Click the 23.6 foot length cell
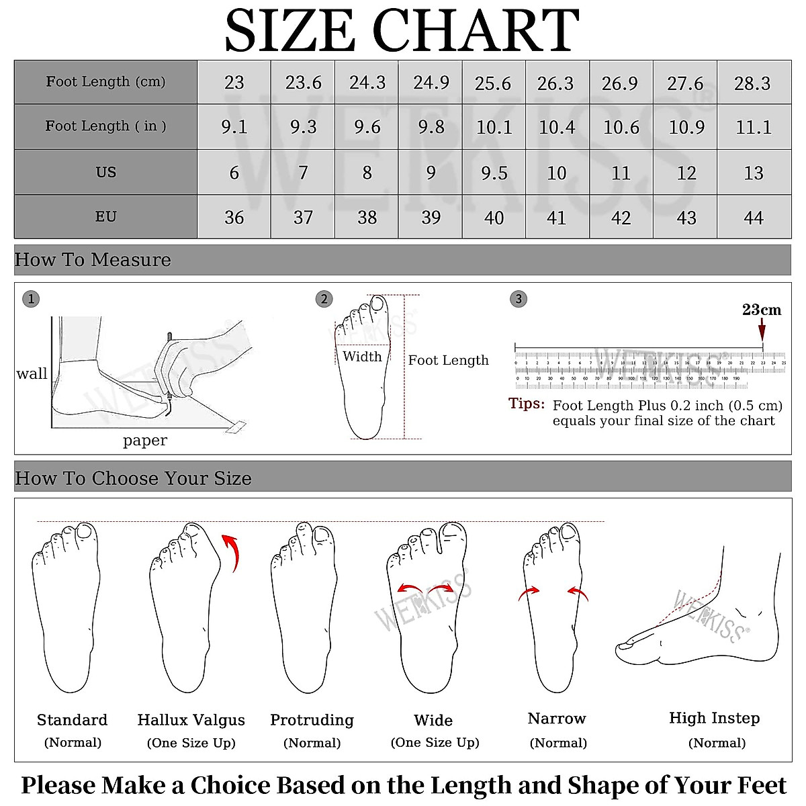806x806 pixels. click(x=303, y=83)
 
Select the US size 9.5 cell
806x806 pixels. click(x=494, y=173)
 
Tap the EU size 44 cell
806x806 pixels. click(x=753, y=218)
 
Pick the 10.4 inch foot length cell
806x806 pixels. click(x=557, y=127)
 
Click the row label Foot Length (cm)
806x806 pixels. click(x=105, y=82)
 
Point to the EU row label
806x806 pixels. click(x=105, y=217)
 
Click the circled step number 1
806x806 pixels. click(x=31, y=299)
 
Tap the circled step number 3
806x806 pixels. click(x=519, y=299)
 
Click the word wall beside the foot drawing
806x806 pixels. click(x=32, y=374)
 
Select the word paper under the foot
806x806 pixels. click(x=145, y=441)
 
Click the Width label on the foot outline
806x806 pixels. click(x=362, y=357)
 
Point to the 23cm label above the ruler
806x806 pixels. click(x=762, y=310)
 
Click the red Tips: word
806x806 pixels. click(x=527, y=404)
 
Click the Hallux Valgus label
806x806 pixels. click(x=191, y=720)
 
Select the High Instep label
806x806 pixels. click(x=714, y=718)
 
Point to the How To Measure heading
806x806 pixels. click(x=93, y=260)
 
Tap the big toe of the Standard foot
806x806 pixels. click(x=85, y=532)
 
